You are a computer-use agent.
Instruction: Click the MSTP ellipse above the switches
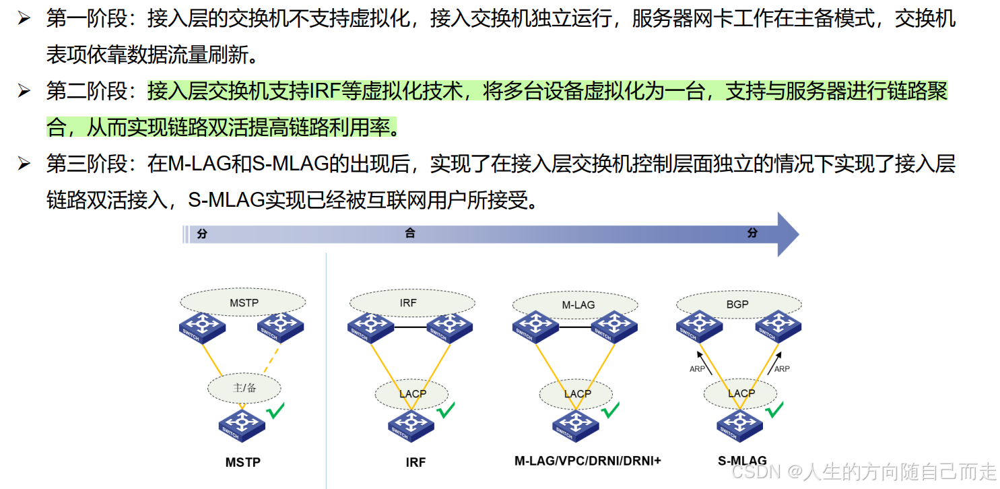pos(244,302)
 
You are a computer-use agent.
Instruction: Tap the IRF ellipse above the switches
pos(408,302)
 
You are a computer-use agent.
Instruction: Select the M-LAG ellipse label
pos(578,304)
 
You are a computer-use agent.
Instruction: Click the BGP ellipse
pos(737,304)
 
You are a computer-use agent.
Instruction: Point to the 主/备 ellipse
pos(244,387)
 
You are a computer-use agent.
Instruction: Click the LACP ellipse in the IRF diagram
pos(412,393)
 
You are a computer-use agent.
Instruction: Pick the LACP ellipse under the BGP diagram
pos(741,393)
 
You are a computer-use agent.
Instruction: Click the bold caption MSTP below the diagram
pos(242,462)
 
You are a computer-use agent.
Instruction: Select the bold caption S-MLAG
pos(741,461)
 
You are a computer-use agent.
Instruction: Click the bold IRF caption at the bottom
pos(415,462)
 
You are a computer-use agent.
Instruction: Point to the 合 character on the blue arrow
pos(409,234)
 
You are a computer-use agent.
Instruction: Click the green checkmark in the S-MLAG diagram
pos(774,409)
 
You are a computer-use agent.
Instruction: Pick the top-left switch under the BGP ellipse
pos(698,325)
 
